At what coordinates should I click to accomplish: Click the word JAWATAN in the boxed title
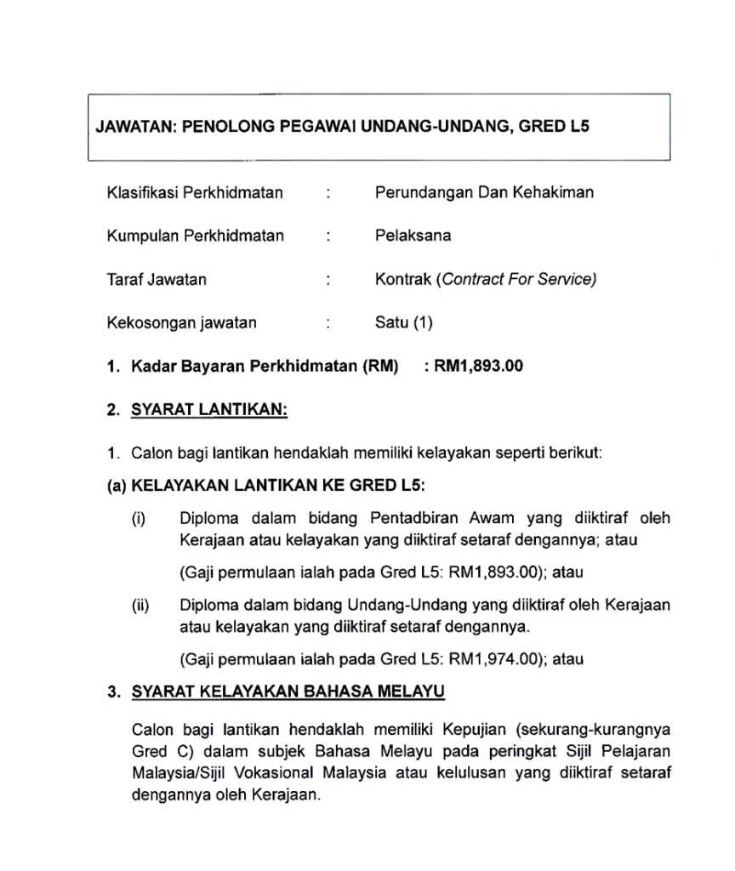point(134,128)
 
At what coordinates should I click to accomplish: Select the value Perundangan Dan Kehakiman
point(484,192)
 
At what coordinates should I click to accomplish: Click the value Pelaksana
point(413,236)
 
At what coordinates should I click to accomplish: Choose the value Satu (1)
point(404,322)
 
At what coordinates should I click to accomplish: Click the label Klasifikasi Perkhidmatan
point(195,192)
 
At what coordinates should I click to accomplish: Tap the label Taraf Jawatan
point(157,279)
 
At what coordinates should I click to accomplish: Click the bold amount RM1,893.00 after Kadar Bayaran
point(479,367)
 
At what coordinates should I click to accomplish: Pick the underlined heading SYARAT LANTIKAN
point(209,410)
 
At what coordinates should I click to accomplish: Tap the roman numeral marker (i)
point(138,518)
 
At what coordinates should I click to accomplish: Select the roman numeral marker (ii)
point(140,606)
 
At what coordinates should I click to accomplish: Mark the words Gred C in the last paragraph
point(154,752)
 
